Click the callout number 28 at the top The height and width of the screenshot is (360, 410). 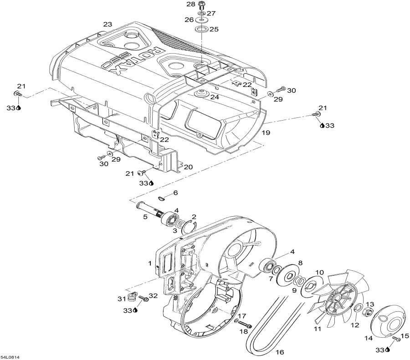(190, 4)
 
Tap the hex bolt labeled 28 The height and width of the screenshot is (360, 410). (202, 6)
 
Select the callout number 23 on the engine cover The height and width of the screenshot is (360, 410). (108, 24)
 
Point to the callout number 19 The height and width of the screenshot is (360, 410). (266, 132)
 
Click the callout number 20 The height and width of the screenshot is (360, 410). (188, 167)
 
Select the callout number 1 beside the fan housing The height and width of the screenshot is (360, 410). (149, 263)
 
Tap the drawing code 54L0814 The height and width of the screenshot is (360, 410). (10, 357)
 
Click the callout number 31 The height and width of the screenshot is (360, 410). (121, 299)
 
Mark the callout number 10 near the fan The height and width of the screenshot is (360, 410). (320, 272)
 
